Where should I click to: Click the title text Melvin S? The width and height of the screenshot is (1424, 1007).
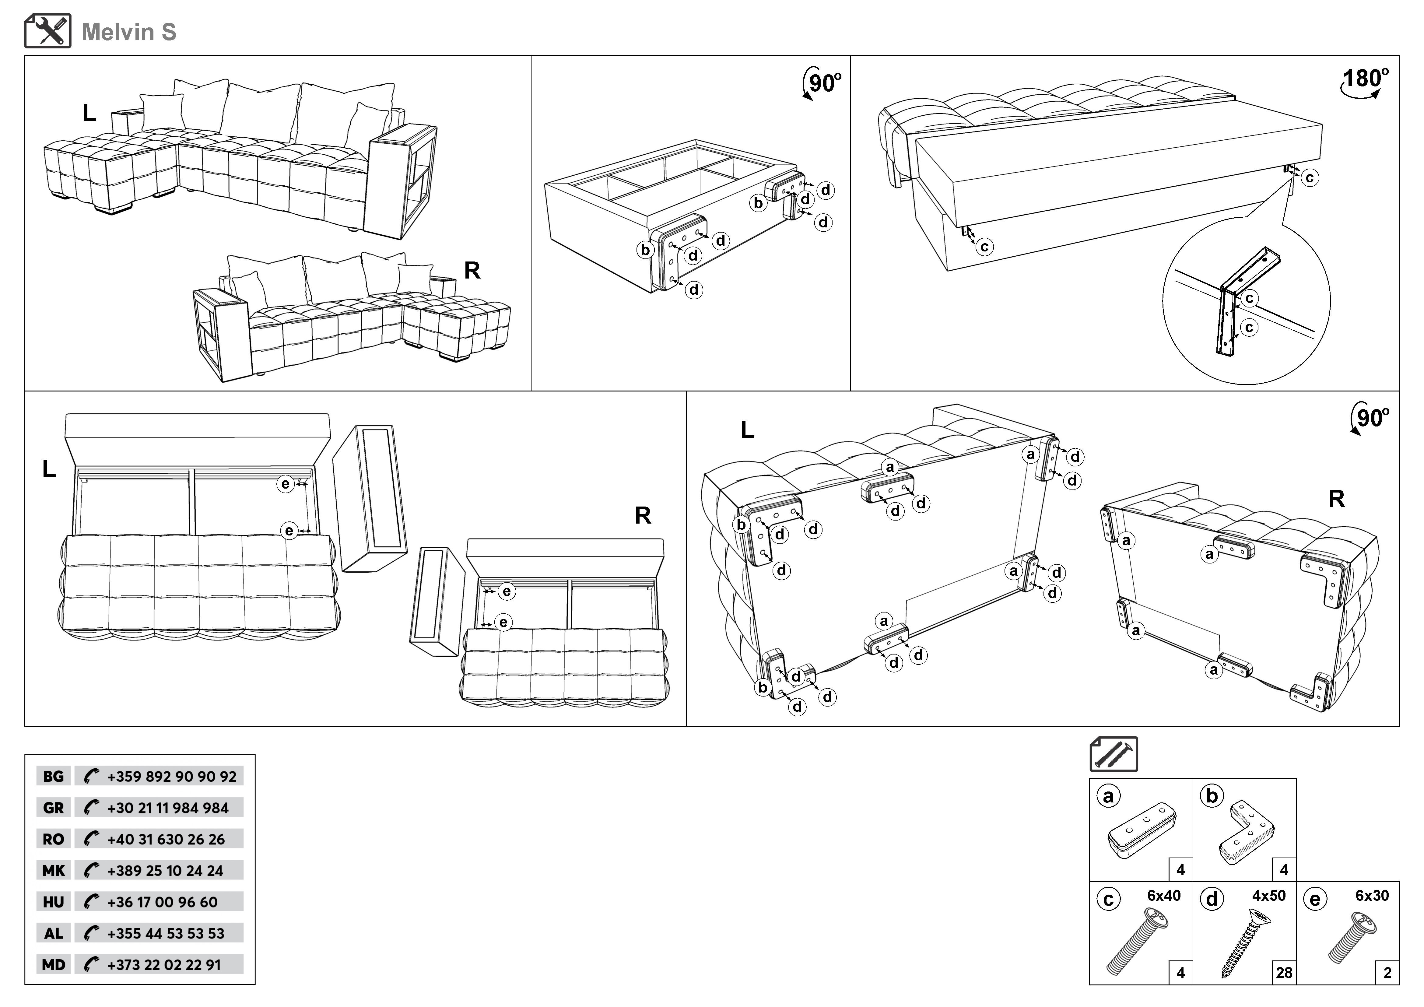tap(129, 32)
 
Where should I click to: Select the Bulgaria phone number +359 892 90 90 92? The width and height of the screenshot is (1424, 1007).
tap(171, 776)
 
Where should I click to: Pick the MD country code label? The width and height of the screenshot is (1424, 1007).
tap(53, 965)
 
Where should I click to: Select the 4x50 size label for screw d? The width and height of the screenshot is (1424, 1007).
tap(1268, 895)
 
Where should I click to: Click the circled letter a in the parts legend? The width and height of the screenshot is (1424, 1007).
tap(1108, 796)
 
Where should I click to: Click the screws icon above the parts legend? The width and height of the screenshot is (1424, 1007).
tap(1114, 754)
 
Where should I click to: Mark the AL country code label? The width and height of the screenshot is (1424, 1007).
tap(53, 933)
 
